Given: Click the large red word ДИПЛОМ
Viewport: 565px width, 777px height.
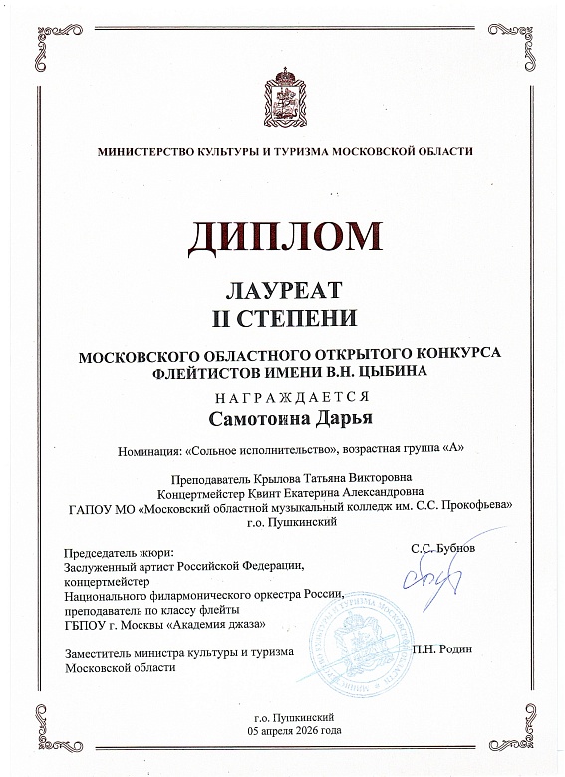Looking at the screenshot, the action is tap(282, 236).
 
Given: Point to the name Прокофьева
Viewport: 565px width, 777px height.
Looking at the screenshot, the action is tap(471, 506).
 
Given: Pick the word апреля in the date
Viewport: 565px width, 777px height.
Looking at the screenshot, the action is tap(274, 730).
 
